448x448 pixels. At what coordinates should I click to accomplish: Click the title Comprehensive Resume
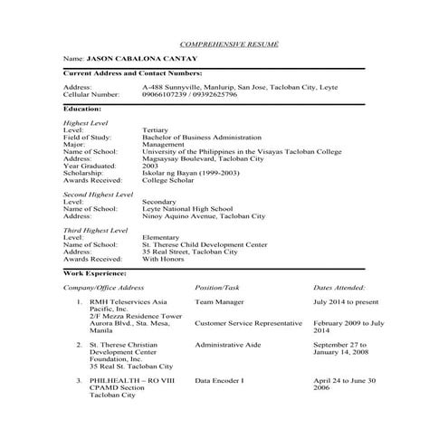pos(229,43)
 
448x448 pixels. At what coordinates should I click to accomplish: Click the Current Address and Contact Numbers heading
pos(132,72)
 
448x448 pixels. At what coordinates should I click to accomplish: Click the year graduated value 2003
pos(151,165)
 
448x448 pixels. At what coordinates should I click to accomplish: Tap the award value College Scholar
pos(168,179)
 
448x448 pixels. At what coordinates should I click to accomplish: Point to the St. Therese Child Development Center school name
pos(205,244)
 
